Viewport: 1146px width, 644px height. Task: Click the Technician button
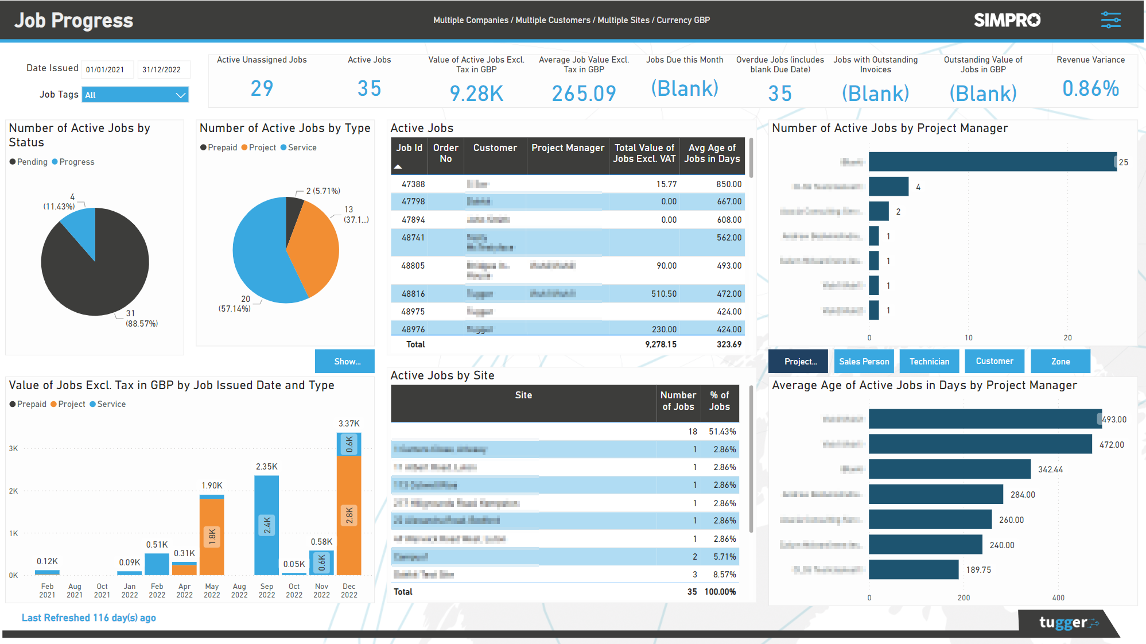click(929, 362)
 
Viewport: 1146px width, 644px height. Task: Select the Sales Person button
click(864, 362)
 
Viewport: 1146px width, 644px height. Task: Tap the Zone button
click(1060, 362)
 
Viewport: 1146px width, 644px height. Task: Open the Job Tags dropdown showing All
click(135, 95)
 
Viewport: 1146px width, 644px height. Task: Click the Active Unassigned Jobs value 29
click(262, 88)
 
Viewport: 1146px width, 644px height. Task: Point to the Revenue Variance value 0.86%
click(1090, 88)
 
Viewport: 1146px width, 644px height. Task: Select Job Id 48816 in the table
click(413, 294)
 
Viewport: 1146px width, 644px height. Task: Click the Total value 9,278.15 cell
click(661, 344)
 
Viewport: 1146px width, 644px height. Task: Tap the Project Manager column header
click(568, 148)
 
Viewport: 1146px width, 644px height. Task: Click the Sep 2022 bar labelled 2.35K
click(266, 525)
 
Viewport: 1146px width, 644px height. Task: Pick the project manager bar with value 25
click(992, 162)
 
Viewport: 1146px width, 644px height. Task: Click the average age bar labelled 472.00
click(980, 444)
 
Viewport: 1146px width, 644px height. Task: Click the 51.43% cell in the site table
click(722, 432)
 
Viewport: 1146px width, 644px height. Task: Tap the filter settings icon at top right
click(1110, 20)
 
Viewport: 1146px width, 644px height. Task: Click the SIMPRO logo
click(1007, 20)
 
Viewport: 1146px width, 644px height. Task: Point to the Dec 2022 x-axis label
click(349, 591)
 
